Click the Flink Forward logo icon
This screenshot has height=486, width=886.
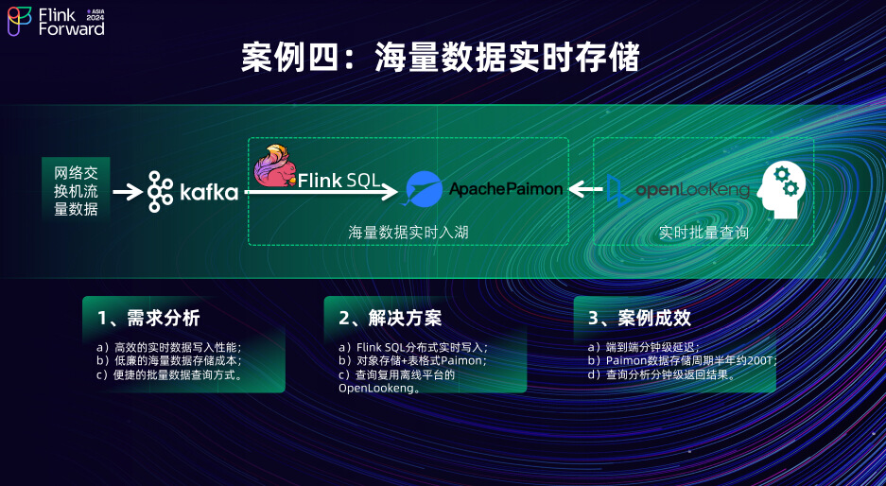[20, 21]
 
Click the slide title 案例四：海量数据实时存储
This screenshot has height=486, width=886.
[441, 59]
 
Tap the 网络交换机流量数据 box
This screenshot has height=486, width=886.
[76, 189]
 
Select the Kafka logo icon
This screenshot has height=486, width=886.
[160, 192]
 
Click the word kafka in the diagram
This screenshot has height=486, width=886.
[208, 193]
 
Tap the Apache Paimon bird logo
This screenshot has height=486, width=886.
[423, 189]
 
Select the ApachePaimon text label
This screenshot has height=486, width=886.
[506, 189]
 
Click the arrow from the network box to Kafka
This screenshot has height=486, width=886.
[127, 192]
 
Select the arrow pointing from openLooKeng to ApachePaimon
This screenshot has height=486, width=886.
[586, 190]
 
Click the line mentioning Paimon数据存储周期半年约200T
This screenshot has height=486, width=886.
[681, 360]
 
